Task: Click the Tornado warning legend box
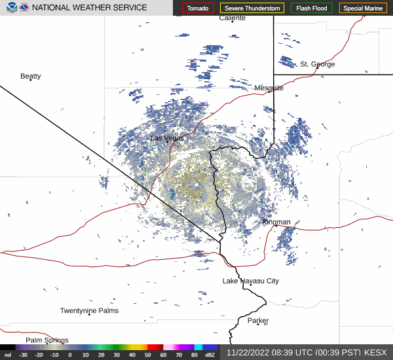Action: coord(198,8)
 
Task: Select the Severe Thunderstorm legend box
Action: coord(252,8)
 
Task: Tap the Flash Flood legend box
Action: coord(312,8)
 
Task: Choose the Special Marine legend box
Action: coord(363,8)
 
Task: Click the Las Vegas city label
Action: coord(167,138)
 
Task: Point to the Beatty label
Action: coord(31,76)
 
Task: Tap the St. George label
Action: coord(318,64)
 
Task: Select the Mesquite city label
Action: coord(269,88)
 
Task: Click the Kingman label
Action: coord(276,222)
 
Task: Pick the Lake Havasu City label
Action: coord(251,281)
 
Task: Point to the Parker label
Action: coord(258,321)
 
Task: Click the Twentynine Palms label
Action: coord(90,311)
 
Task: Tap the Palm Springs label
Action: coord(47,340)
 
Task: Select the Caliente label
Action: coord(233,18)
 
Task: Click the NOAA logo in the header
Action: coord(24,8)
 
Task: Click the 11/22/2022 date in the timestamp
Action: coord(248,352)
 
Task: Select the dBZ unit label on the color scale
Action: coord(210,355)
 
